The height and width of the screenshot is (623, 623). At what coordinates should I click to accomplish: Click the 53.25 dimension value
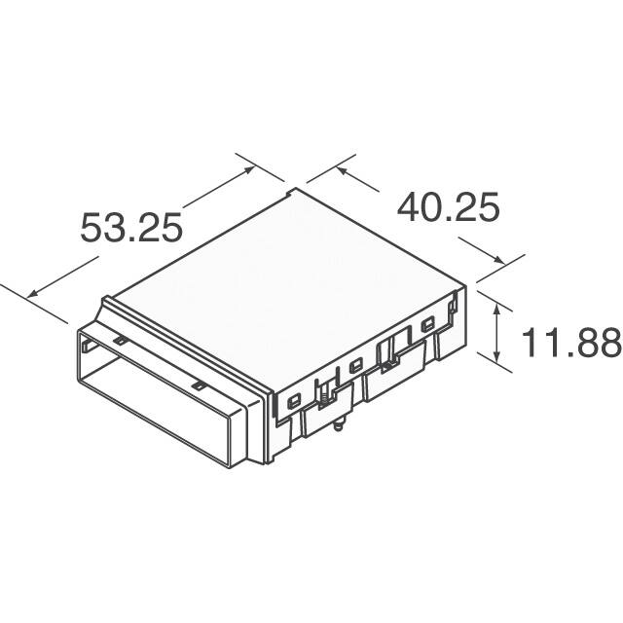pos(131,228)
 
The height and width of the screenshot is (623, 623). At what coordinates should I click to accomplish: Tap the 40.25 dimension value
pos(449,207)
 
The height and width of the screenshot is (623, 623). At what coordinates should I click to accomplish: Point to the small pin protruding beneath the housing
pos(338,424)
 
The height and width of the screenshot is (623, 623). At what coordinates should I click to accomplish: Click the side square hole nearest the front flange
pos(295,400)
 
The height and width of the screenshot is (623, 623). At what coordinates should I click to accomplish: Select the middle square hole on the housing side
pos(355,365)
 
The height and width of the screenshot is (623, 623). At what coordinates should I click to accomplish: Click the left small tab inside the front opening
pos(117,342)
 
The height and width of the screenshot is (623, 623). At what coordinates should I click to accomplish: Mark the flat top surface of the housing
pos(292,263)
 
